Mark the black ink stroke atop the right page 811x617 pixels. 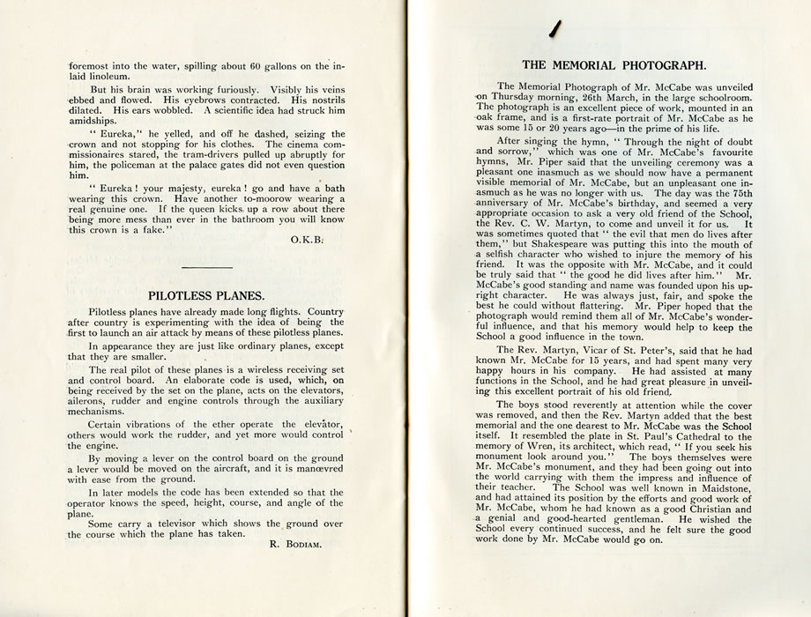pyautogui.click(x=554, y=28)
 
